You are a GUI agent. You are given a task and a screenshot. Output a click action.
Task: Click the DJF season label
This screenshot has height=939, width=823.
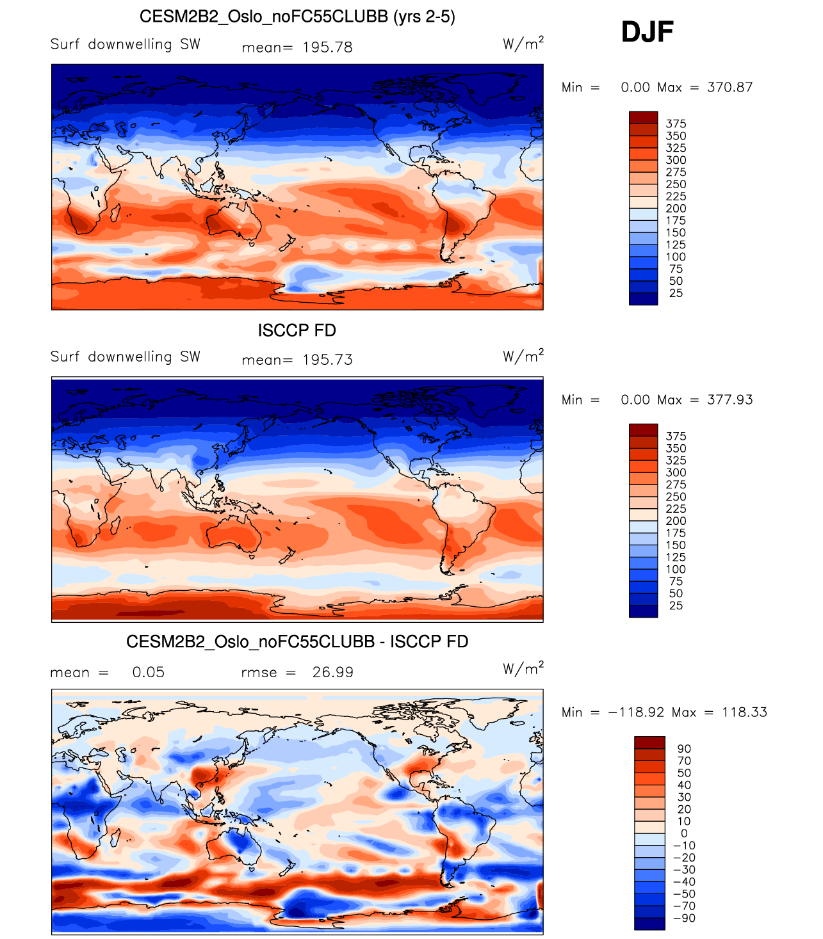pyautogui.click(x=647, y=32)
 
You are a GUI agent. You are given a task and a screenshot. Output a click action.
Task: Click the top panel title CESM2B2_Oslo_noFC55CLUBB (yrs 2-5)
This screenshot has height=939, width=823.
pyautogui.click(x=297, y=17)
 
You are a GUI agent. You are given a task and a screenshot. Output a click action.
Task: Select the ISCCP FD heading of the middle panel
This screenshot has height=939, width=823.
pyautogui.click(x=297, y=330)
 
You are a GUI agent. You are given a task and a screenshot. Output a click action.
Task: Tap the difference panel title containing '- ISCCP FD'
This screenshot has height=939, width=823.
pyautogui.click(x=297, y=641)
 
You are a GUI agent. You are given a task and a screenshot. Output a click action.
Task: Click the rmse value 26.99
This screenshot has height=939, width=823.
pyautogui.click(x=332, y=672)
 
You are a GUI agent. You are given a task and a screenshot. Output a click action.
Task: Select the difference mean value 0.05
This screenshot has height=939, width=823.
pyautogui.click(x=148, y=672)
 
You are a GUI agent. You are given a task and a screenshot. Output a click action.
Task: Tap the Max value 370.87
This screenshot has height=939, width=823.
pyautogui.click(x=729, y=87)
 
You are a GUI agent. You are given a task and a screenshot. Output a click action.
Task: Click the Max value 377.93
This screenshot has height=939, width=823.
pyautogui.click(x=729, y=399)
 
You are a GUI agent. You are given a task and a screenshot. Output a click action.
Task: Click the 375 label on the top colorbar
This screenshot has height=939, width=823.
pyautogui.click(x=676, y=124)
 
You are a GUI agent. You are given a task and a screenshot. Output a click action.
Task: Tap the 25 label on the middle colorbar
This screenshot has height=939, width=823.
pyautogui.click(x=676, y=606)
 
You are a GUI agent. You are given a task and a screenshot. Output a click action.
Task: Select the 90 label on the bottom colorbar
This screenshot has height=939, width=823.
pyautogui.click(x=684, y=749)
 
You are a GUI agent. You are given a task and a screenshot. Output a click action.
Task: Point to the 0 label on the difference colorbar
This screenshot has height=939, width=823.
pyautogui.click(x=684, y=833)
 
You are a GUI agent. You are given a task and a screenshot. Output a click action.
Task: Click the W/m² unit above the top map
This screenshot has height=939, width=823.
pyautogui.click(x=523, y=44)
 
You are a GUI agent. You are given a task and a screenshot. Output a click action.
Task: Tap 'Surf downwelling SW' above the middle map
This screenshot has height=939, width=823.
pyautogui.click(x=126, y=357)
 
